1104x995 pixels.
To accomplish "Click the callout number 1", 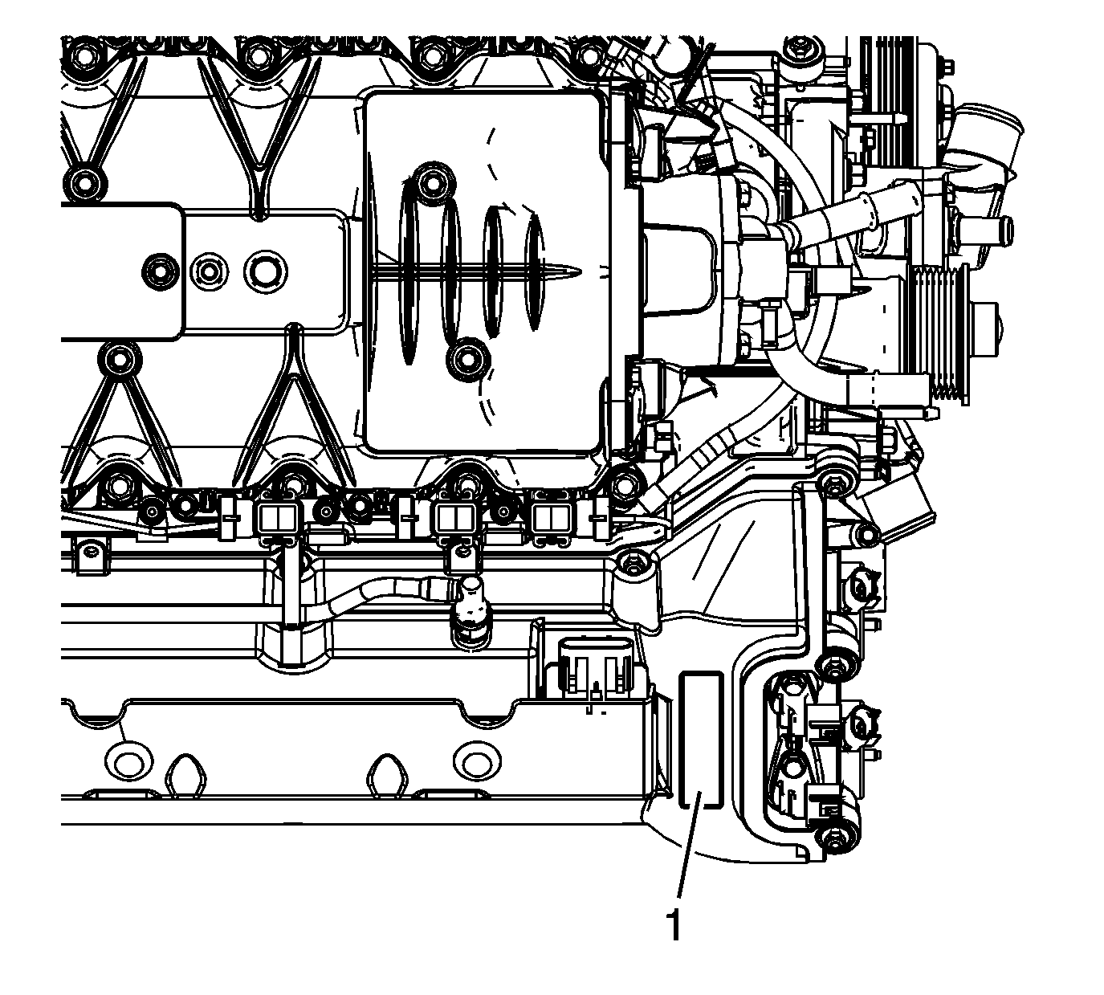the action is pyautogui.click(x=674, y=926).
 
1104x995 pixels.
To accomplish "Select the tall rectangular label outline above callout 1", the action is pyautogui.click(x=701, y=740).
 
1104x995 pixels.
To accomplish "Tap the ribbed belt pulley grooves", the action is pyautogui.click(x=939, y=335).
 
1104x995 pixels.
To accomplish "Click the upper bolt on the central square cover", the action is pyautogui.click(x=433, y=180).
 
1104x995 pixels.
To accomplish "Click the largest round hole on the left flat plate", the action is pyautogui.click(x=266, y=271).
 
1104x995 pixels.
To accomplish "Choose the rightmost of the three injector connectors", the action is pyautogui.click(x=551, y=520).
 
